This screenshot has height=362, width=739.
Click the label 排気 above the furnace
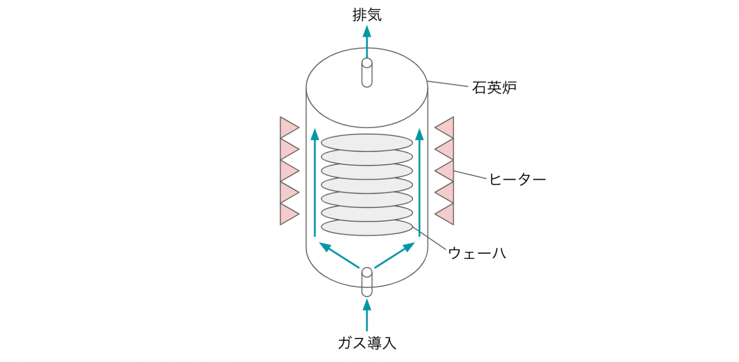[x=367, y=15]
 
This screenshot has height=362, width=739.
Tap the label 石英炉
[x=494, y=88]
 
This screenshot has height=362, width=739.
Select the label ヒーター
[x=517, y=179]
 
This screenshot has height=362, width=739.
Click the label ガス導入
[x=367, y=343]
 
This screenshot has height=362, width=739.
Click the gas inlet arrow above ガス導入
[x=367, y=315]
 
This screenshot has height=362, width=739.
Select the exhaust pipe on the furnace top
[x=367, y=73]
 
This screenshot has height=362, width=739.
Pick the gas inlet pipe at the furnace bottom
[x=367, y=282]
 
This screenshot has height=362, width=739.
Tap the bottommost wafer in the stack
[x=367, y=228]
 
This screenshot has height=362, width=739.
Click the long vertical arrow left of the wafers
[x=315, y=183]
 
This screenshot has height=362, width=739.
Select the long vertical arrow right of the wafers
[x=420, y=183]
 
